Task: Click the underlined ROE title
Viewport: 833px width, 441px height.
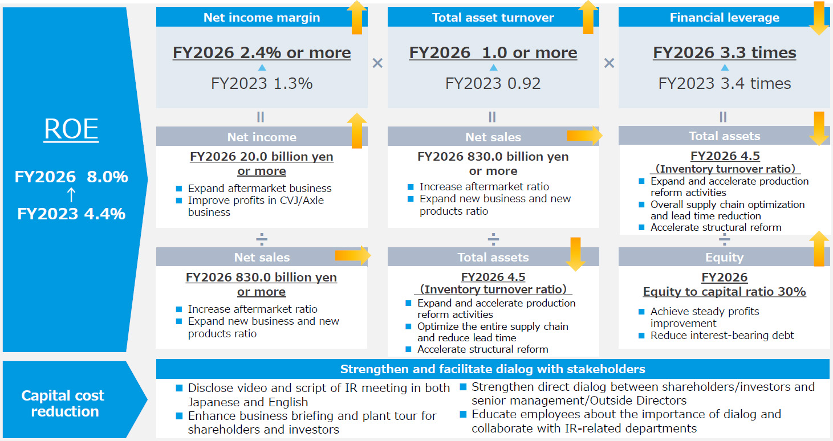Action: pyautogui.click(x=71, y=129)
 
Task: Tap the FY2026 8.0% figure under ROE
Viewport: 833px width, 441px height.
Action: pyautogui.click(x=71, y=177)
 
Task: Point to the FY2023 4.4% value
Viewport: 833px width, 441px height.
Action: pyautogui.click(x=71, y=214)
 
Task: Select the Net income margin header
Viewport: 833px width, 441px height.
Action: pyautogui.click(x=262, y=17)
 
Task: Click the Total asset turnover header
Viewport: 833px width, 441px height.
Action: pyautogui.click(x=493, y=17)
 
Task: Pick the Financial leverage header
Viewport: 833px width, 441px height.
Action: pyautogui.click(x=725, y=17)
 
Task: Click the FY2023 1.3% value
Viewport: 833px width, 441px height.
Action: pyautogui.click(x=262, y=83)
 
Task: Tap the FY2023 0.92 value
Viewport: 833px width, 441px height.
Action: pyautogui.click(x=493, y=83)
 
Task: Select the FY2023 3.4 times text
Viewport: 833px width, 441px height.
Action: pyautogui.click(x=725, y=83)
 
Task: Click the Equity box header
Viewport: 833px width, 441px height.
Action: pyautogui.click(x=724, y=257)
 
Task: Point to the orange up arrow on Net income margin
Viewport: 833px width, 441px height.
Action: pyautogui.click(x=357, y=18)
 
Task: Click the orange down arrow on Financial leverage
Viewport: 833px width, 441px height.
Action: pyautogui.click(x=819, y=18)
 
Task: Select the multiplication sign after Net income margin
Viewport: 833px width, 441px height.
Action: pyautogui.click(x=377, y=63)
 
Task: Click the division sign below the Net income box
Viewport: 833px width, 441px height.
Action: pyautogui.click(x=262, y=239)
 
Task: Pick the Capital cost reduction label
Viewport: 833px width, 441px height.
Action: pyautogui.click(x=64, y=403)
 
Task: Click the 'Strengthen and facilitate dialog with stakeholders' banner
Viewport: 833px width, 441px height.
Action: pyautogui.click(x=493, y=369)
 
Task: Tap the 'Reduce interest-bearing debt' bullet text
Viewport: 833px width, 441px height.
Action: pyautogui.click(x=722, y=336)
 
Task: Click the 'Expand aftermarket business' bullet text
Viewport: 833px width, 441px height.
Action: pyautogui.click(x=259, y=189)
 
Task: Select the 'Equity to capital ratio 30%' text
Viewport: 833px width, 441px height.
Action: pyautogui.click(x=725, y=292)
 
